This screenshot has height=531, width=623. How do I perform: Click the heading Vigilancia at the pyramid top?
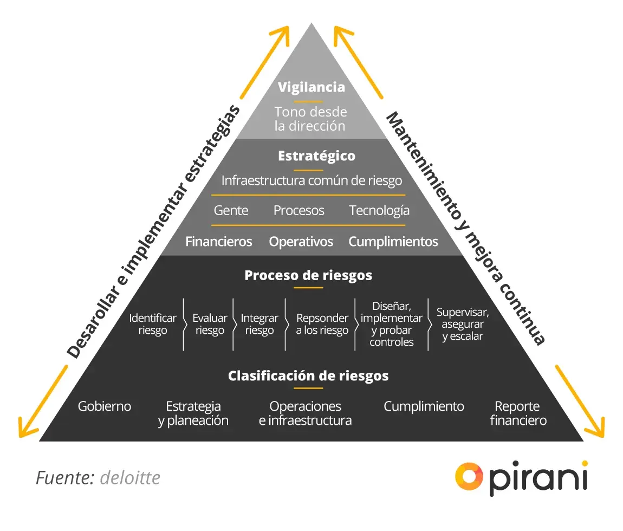(x=311, y=87)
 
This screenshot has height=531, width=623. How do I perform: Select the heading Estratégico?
(x=316, y=156)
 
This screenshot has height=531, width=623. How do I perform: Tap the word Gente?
(x=231, y=210)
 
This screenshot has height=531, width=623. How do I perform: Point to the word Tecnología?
(x=379, y=210)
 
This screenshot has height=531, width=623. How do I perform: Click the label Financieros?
(x=219, y=242)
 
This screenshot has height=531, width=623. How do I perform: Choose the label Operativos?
(x=301, y=242)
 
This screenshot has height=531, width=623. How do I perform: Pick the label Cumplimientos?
(x=393, y=242)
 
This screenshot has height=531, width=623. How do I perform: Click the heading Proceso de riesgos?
(x=308, y=275)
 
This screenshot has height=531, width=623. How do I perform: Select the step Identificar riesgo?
(x=153, y=324)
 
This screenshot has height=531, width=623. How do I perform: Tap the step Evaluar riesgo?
(x=210, y=324)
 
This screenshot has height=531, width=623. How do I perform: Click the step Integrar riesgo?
(x=259, y=324)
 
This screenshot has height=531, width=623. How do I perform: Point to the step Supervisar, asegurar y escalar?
(x=463, y=324)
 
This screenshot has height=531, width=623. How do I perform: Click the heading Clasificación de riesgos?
(x=308, y=375)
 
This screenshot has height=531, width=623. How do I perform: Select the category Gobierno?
(x=105, y=406)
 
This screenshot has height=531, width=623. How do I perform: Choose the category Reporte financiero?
(x=518, y=413)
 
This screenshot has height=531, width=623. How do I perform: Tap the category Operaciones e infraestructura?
(x=306, y=413)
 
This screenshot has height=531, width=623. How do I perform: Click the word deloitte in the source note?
(x=130, y=478)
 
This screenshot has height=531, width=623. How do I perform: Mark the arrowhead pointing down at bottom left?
(x=24, y=428)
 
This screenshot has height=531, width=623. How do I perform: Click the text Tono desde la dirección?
(x=310, y=119)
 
